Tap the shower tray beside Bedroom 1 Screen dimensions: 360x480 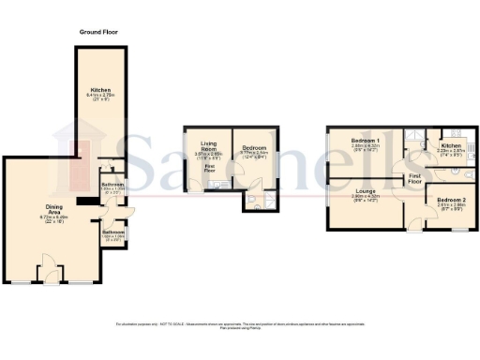coord(412,137)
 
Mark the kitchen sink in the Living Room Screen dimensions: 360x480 coord(215,186)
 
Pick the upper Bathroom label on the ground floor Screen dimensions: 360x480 coord(113,185)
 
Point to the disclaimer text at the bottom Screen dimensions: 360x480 coord(240,324)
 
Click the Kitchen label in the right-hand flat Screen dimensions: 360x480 coord(451,146)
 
